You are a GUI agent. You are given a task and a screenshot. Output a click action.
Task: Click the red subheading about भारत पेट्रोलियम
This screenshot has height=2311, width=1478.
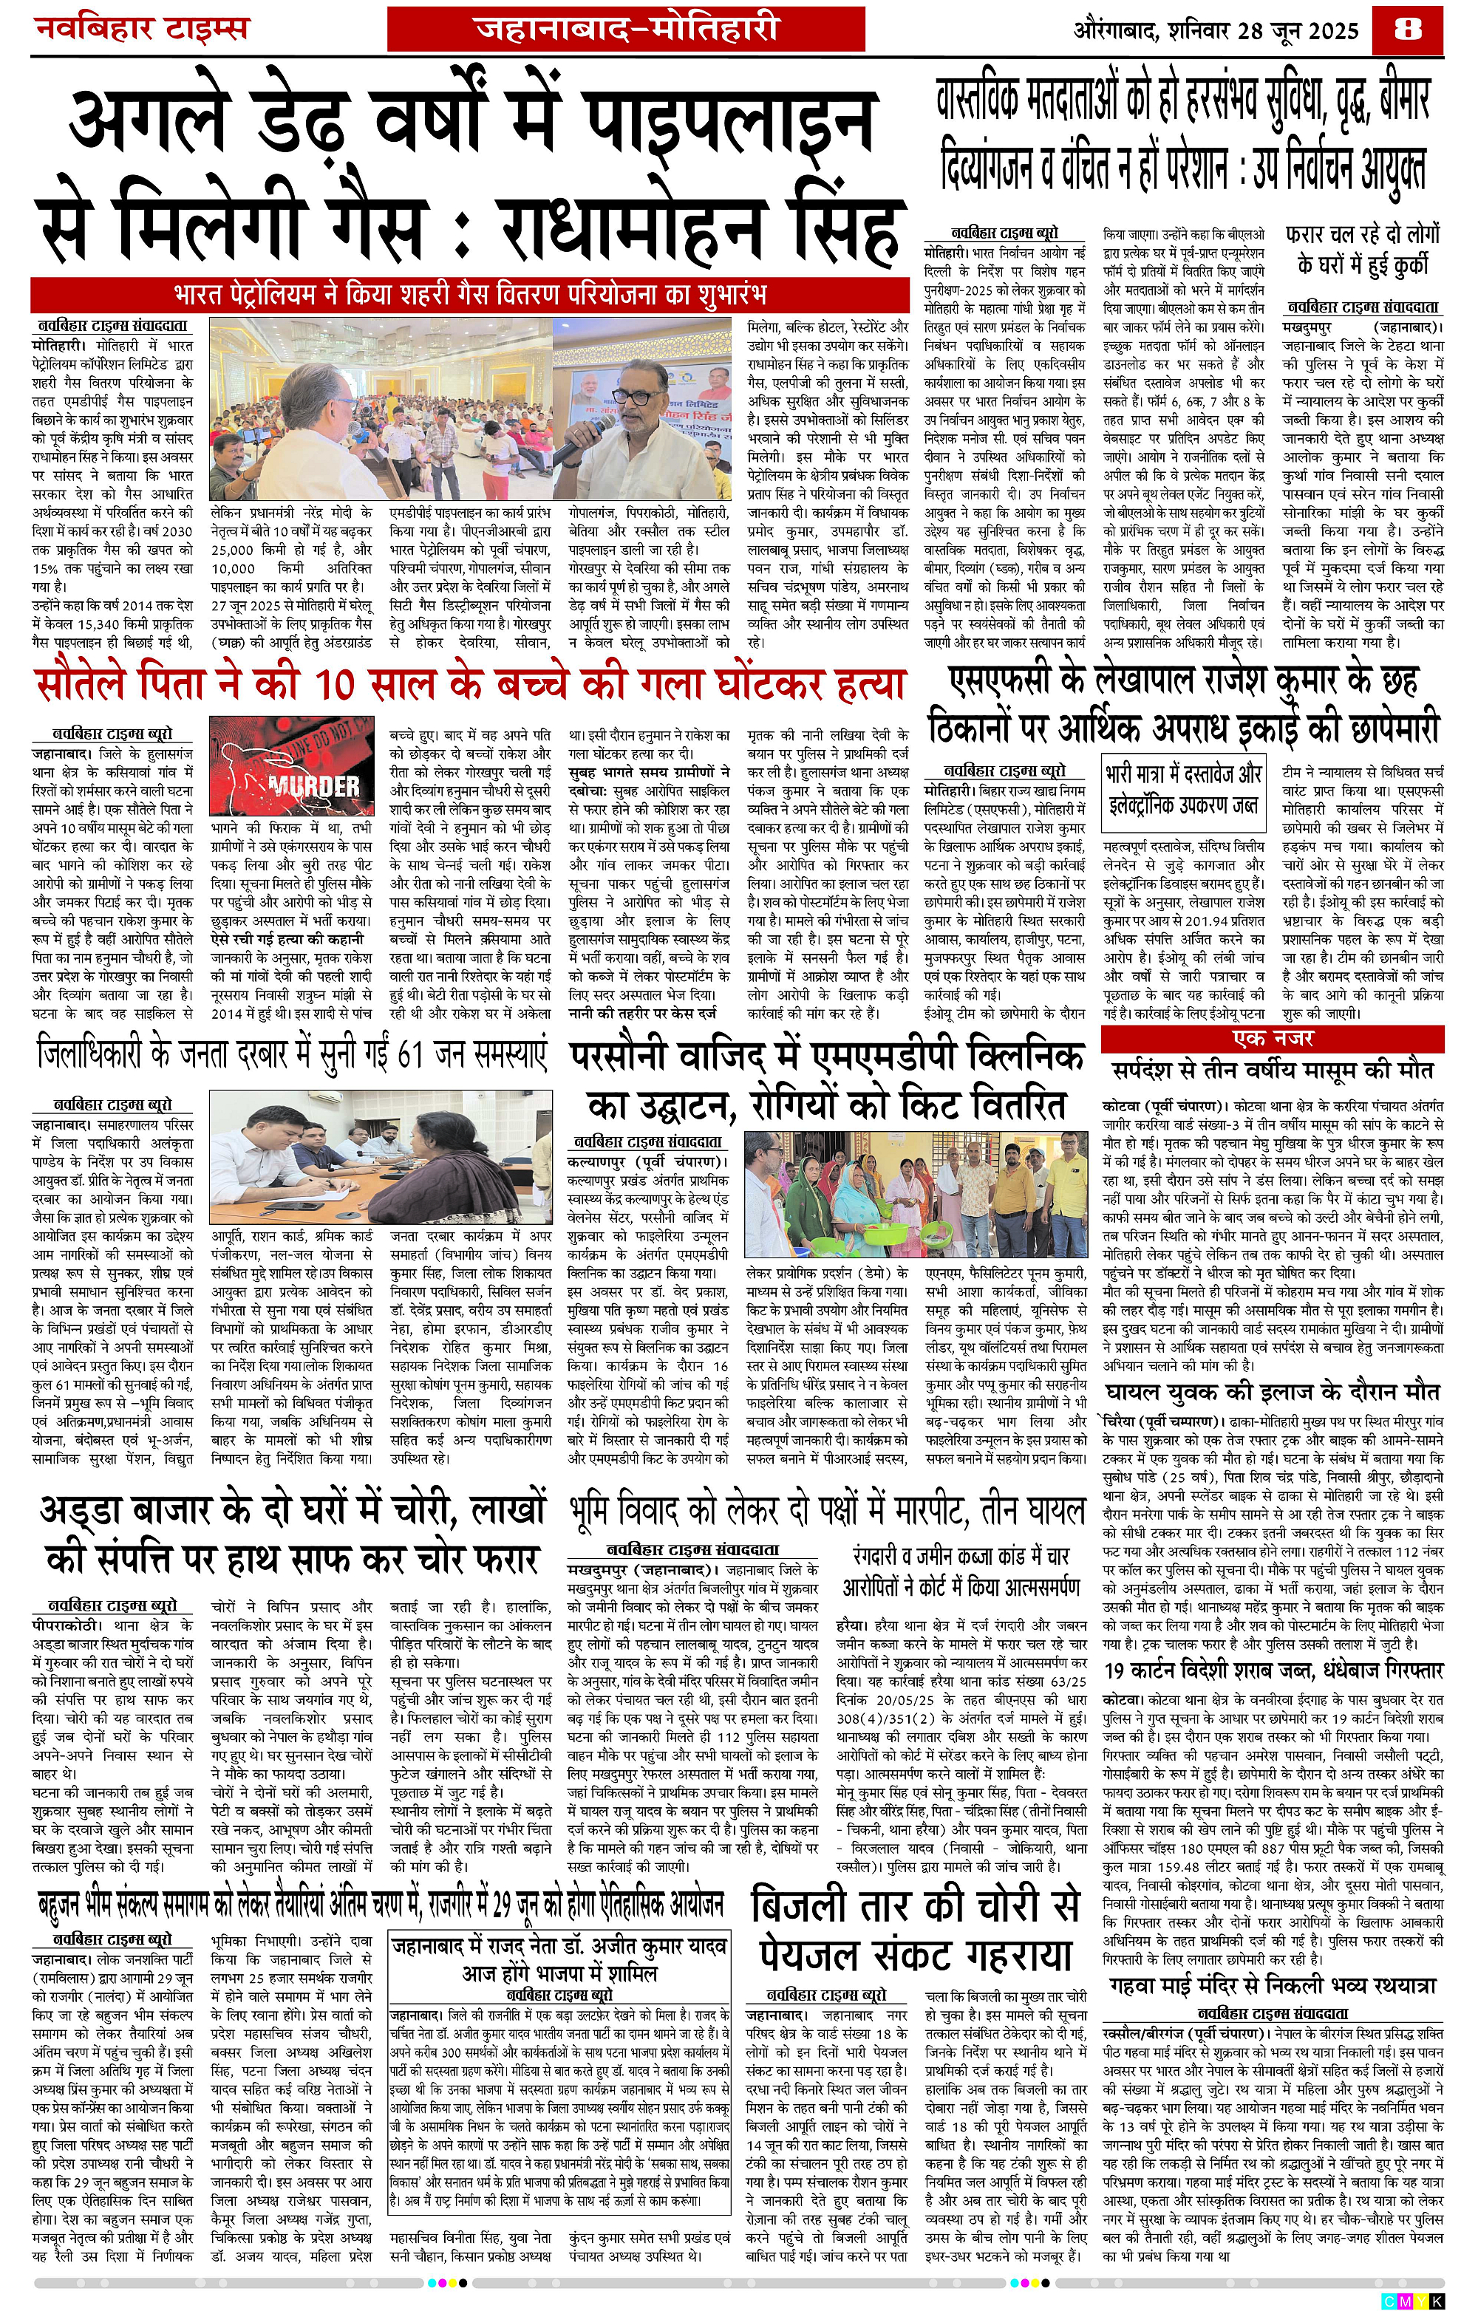(469, 293)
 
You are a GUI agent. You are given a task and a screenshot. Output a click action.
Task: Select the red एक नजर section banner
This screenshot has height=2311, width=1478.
(1273, 1039)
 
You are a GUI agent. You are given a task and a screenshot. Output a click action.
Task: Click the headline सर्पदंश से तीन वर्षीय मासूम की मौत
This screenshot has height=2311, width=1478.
(1273, 1070)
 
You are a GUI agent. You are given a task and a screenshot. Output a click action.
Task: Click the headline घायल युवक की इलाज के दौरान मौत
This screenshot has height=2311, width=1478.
(1273, 1392)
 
